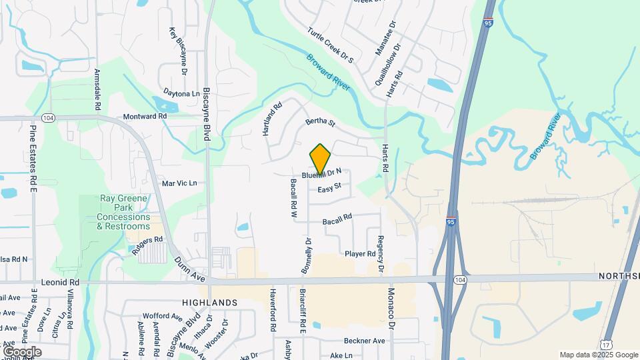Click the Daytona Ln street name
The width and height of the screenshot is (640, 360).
point(181,94)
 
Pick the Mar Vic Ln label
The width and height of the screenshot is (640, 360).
point(179,183)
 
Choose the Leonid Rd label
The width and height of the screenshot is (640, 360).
point(59,283)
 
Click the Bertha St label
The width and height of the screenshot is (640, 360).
point(319,123)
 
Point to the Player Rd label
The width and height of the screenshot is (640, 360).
point(360,254)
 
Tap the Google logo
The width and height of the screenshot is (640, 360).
point(22,351)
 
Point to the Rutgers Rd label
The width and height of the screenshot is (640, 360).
point(149,240)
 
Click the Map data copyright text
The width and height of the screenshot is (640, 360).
point(598,355)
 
